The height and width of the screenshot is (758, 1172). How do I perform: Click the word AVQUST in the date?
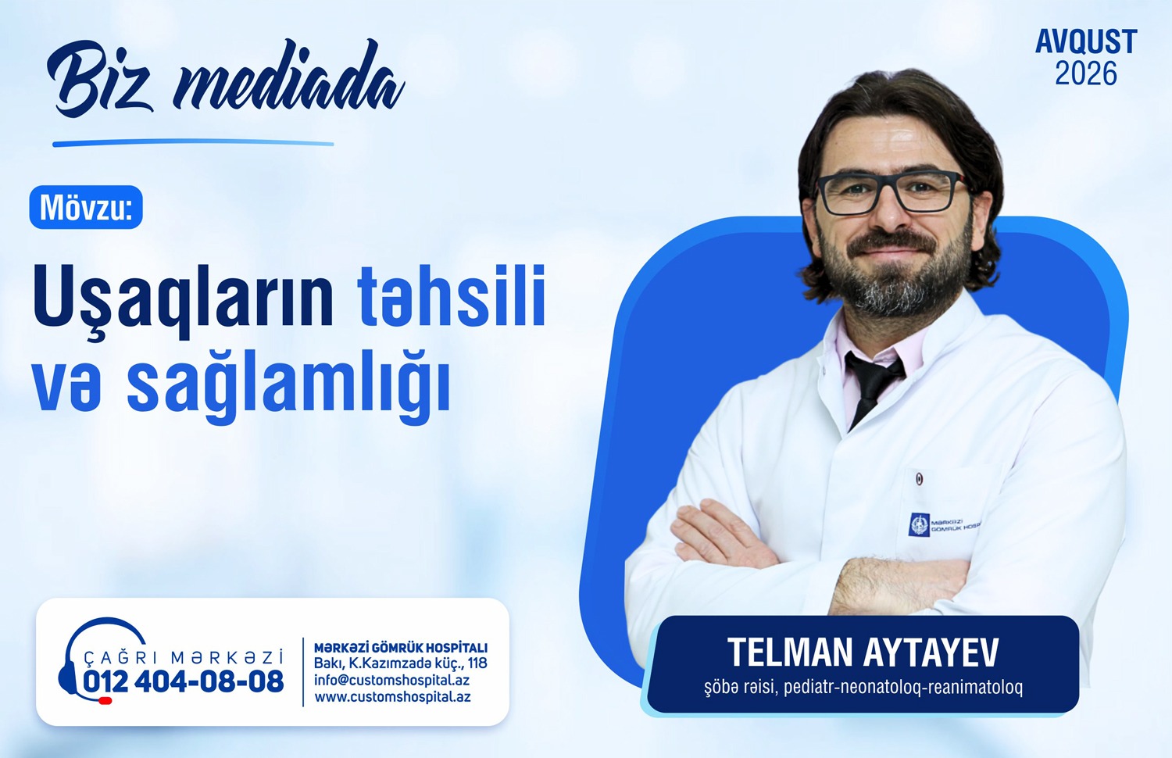1086,42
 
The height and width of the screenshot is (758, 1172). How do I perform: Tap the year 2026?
1086,73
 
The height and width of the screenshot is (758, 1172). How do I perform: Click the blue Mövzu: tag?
86,207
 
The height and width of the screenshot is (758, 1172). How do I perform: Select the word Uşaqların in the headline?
184,297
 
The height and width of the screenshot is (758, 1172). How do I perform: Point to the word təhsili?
452,297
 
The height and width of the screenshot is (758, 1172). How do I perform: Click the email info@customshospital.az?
392,680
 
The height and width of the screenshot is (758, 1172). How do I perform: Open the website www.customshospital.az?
392,697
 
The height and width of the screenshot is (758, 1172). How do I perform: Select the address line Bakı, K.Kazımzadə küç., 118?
400,663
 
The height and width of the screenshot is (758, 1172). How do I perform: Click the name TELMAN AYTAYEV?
863,652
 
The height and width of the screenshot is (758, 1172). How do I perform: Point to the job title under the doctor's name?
863,687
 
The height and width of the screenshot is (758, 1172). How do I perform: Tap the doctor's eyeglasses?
893,191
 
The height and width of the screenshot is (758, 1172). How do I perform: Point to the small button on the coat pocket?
920,478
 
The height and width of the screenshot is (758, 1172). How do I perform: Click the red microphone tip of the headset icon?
105,700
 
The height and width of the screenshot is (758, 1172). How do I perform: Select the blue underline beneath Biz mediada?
193,143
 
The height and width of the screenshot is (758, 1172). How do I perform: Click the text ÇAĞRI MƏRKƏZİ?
184,657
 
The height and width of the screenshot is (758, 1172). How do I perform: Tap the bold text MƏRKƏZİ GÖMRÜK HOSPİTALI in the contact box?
401,648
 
